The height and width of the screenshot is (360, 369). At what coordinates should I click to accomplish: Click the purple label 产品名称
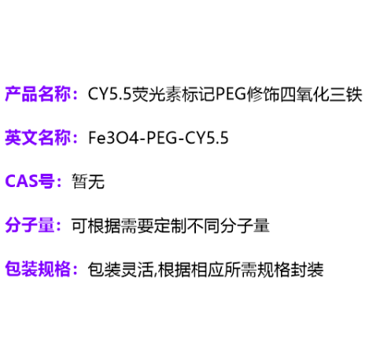(38, 94)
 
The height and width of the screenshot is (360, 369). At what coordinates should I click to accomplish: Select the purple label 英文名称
(38, 138)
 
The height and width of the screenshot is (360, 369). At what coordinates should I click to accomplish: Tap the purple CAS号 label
(30, 181)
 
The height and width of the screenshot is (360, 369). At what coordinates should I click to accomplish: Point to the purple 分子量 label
(30, 225)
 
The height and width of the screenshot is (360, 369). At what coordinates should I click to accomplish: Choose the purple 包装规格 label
(38, 269)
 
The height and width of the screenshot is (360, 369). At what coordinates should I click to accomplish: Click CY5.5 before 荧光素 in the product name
(109, 94)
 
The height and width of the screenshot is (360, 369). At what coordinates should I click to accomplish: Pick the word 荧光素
(156, 94)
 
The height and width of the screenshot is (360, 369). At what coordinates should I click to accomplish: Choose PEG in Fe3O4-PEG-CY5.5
(162, 138)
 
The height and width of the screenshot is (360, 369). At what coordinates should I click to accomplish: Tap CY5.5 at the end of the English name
(207, 138)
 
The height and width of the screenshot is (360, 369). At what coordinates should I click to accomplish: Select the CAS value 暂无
(88, 182)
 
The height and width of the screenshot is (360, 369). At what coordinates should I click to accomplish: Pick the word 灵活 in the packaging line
(137, 269)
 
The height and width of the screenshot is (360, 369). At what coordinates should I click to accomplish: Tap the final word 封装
(307, 269)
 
